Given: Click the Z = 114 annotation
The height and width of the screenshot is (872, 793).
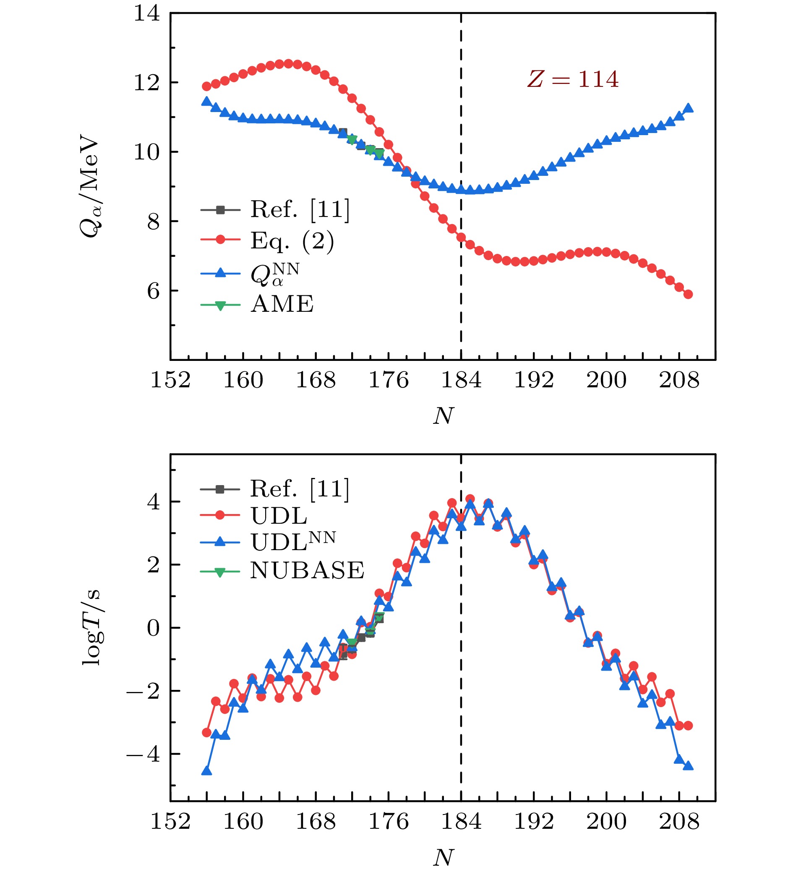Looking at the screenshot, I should click(573, 80).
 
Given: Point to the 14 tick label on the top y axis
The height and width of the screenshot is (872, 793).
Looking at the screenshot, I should click(146, 13).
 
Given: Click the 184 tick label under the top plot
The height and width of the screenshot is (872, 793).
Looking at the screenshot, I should click(461, 381).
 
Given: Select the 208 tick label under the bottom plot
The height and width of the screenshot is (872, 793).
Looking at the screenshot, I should click(679, 822).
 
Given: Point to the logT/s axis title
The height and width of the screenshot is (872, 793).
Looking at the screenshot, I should click(91, 628).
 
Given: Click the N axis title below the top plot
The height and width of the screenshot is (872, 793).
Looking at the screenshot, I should click(443, 416).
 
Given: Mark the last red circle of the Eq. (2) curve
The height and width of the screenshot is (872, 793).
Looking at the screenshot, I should click(689, 295).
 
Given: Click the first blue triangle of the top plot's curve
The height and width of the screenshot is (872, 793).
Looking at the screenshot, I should click(207, 102).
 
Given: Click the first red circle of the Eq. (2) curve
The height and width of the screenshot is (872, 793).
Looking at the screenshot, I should click(207, 86).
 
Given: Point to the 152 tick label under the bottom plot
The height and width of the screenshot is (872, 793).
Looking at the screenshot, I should click(170, 822).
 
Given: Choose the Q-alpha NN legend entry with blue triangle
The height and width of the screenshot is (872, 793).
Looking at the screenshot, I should click(275, 273).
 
